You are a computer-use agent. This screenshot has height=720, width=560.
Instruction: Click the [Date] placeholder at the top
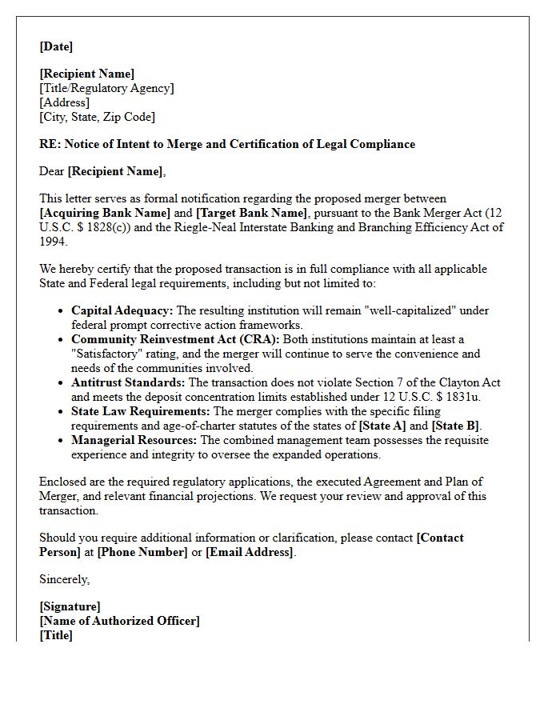(56, 46)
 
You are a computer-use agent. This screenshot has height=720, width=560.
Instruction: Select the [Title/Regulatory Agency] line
(106, 88)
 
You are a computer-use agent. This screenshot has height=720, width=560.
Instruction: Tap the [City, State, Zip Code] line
(97, 117)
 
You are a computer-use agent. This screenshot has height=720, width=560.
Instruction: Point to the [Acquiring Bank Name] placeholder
(105, 213)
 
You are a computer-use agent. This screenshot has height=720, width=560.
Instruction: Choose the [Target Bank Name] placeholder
(251, 213)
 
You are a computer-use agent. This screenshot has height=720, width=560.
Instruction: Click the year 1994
(53, 242)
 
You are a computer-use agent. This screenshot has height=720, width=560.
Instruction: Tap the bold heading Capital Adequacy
(122, 310)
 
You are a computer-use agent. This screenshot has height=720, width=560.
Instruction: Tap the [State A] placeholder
(386, 426)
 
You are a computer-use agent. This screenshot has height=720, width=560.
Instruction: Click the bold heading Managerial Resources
(134, 440)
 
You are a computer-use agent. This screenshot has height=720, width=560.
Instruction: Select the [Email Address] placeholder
(250, 552)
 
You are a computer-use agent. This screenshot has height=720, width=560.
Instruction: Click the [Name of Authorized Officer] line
(119, 621)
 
